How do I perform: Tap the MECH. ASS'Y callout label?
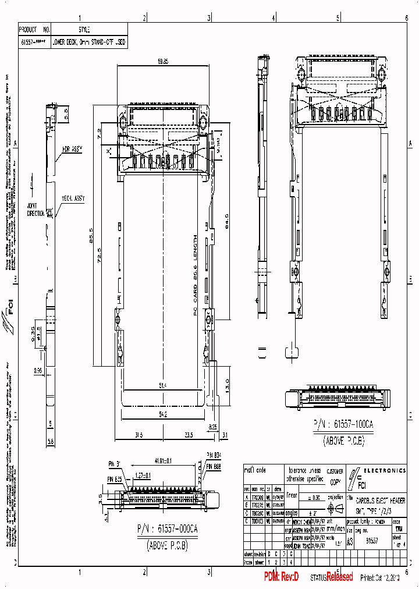tap(73, 198)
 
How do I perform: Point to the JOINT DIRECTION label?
tap(35, 210)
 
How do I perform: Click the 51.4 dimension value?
tap(163, 385)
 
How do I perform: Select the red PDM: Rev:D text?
tap(281, 577)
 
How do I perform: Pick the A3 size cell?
tap(350, 541)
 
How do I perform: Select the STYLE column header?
tap(84, 29)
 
